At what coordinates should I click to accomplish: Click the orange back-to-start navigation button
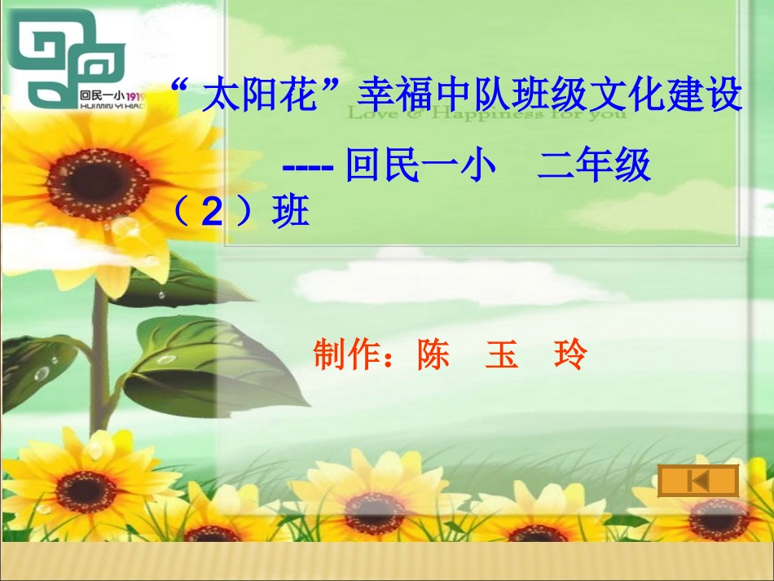(x=698, y=481)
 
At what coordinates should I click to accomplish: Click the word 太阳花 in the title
(x=260, y=96)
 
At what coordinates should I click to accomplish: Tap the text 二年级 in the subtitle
(x=594, y=166)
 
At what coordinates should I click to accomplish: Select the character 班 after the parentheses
(x=291, y=213)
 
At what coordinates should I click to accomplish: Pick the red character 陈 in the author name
(x=433, y=355)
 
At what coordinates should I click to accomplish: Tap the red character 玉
(x=502, y=355)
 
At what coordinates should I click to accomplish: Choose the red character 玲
(x=570, y=355)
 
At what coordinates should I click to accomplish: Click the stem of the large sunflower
(x=99, y=359)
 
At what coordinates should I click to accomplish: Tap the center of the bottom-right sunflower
(x=718, y=518)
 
